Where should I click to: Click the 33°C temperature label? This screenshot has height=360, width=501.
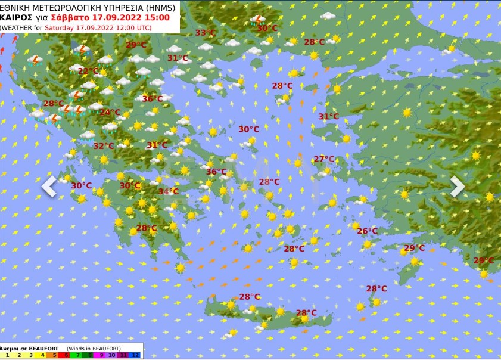click(206, 33)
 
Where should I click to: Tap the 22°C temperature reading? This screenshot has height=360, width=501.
click(88, 71)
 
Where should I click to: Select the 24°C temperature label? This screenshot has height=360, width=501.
click(110, 112)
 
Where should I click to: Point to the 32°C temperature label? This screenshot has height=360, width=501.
click(103, 146)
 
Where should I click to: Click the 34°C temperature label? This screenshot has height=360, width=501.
click(169, 191)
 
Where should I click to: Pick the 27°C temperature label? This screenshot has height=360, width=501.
click(324, 159)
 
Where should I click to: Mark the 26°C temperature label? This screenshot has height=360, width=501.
click(368, 231)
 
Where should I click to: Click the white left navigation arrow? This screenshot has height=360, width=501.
click(49, 186)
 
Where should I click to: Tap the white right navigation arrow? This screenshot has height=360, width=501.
click(457, 186)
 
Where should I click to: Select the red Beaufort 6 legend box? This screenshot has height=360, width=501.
click(65, 355)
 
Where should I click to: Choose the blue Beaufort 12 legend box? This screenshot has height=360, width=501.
click(135, 355)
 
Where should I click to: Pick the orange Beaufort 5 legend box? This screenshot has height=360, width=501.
click(53, 355)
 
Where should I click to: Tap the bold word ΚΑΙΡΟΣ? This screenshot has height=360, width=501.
click(16, 17)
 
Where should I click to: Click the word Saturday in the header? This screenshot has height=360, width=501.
click(56, 27)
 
